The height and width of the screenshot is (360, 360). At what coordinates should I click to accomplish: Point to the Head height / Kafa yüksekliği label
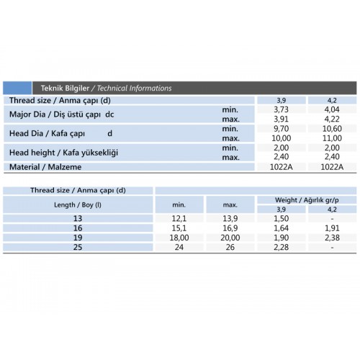tap(63, 153)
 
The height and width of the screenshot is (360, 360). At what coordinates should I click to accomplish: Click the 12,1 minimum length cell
tap(179, 218)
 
